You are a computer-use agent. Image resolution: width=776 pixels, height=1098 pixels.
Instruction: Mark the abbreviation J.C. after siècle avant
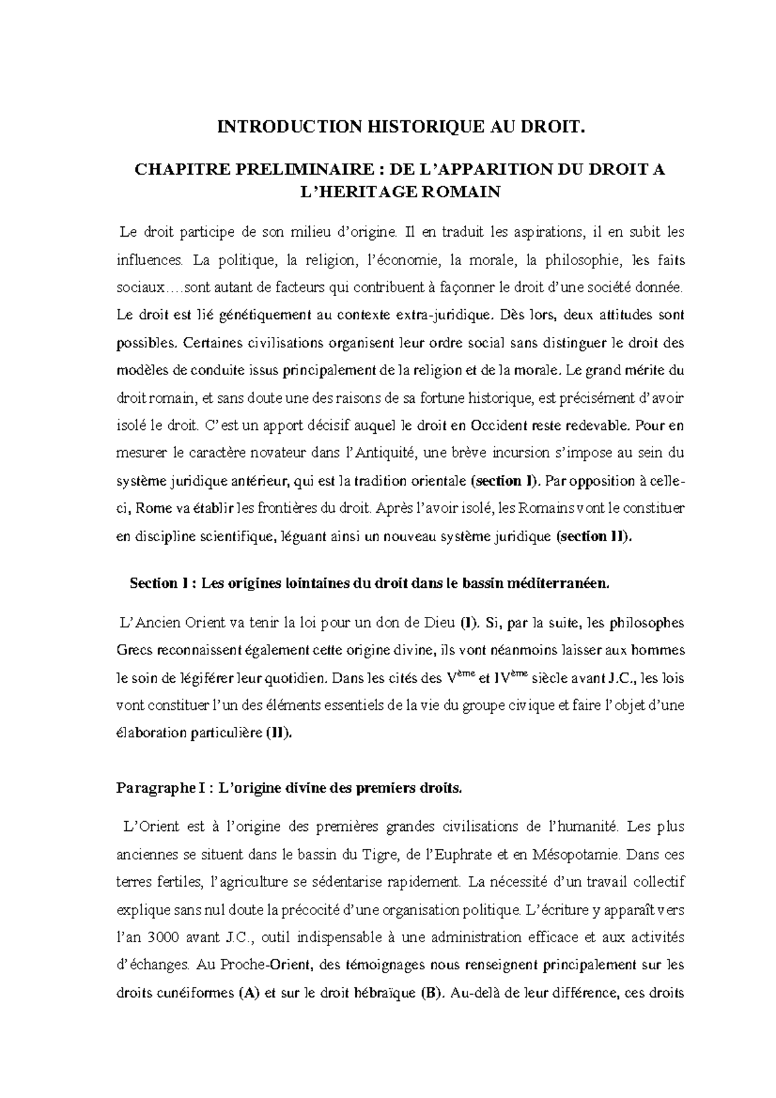pos(623,679)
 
